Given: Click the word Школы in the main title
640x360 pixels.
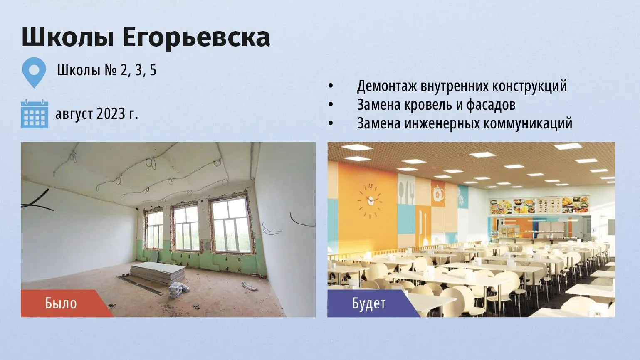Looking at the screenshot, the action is [68, 37].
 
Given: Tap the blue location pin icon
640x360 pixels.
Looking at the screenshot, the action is [34, 72].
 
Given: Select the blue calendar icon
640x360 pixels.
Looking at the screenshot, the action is [34, 114].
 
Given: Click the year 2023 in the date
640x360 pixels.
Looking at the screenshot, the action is [111, 114].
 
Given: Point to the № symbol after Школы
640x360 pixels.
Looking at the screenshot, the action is [110, 70].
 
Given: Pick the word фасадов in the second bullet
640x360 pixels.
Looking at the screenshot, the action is [491, 104].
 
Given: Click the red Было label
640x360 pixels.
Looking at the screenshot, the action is [61, 303].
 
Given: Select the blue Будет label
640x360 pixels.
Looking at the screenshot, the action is [369, 303].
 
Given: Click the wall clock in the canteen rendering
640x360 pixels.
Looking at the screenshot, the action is [370, 201].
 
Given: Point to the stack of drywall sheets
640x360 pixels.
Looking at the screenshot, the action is [158, 272].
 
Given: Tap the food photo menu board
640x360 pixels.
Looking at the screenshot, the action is [539, 205].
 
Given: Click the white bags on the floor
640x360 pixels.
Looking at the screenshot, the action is [178, 289].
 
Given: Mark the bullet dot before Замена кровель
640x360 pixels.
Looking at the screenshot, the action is [331, 105].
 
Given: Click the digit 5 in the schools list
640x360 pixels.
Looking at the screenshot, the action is [153, 70].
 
